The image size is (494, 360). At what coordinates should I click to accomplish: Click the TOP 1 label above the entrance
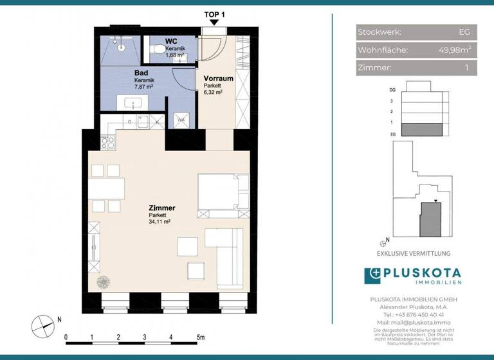214,14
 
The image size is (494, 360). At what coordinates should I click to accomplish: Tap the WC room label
171,41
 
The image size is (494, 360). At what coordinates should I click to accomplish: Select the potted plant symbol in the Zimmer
102,281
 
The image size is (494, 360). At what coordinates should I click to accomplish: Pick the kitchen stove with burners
107,136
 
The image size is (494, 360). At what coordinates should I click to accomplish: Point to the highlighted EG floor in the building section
421,130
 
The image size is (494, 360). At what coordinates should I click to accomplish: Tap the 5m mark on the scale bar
201,336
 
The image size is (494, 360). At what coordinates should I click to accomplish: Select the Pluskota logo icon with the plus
373,276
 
